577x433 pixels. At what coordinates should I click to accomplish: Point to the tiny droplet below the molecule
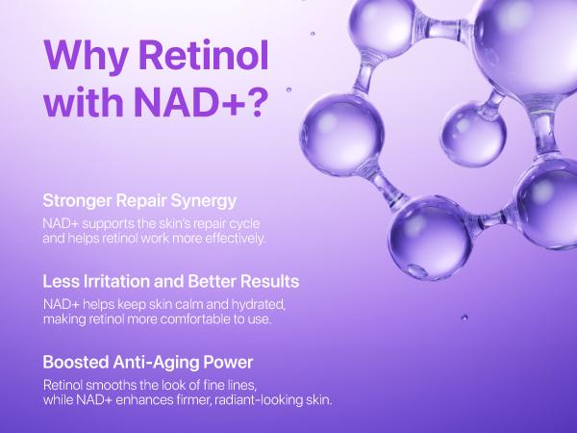[465, 316]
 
